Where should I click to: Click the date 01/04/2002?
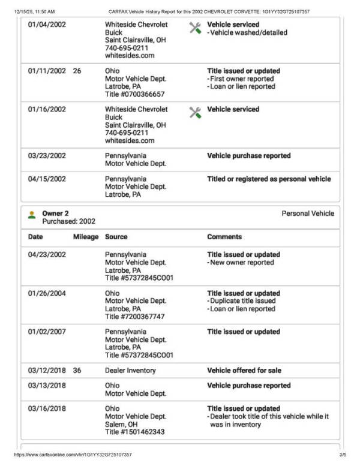47,25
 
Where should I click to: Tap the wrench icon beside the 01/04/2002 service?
195,28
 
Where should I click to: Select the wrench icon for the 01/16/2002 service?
195,112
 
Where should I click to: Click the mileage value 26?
77,71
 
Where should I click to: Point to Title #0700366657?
135,94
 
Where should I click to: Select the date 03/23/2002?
47,155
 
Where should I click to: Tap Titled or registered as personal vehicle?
269,179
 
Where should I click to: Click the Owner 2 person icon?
32,214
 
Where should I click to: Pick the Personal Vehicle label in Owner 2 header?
307,214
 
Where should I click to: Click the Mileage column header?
86,237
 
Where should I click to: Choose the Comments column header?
224,237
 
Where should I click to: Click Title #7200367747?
135,317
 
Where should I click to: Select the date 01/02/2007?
47,332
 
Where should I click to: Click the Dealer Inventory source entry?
130,370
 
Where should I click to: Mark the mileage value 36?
77,370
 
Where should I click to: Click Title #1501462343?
135,432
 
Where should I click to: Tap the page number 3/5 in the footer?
343,455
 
